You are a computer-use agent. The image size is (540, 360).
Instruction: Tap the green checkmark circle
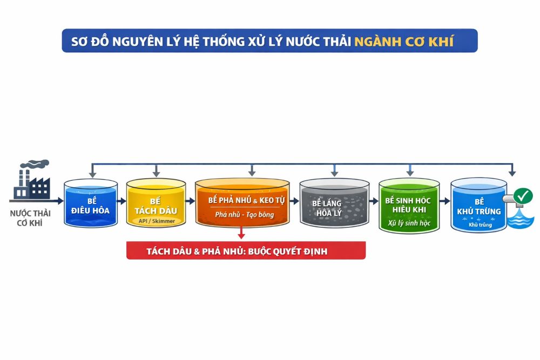tap(523, 196)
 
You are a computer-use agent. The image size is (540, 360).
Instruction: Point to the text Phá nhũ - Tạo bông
tap(241, 215)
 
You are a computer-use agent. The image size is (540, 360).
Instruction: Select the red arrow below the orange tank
tap(241, 233)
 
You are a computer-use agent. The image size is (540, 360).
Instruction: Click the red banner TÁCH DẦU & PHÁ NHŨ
tap(246, 251)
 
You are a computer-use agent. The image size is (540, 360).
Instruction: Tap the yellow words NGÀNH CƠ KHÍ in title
tap(404, 42)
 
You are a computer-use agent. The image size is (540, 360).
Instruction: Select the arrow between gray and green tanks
tap(373, 201)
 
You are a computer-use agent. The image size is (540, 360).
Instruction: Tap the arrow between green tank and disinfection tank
tap(444, 201)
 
